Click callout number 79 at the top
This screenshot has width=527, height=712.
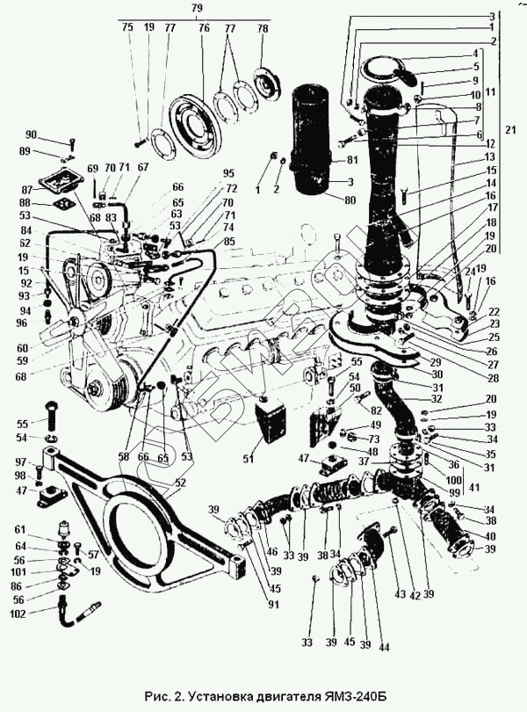(x=197, y=8)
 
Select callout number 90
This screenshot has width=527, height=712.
(x=55, y=134)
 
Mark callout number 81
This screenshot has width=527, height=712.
(x=351, y=160)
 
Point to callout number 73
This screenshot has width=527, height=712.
(x=374, y=439)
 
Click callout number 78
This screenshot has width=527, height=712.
(x=261, y=28)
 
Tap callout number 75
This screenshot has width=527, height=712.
(x=128, y=28)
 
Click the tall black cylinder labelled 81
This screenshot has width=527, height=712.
(x=314, y=132)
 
